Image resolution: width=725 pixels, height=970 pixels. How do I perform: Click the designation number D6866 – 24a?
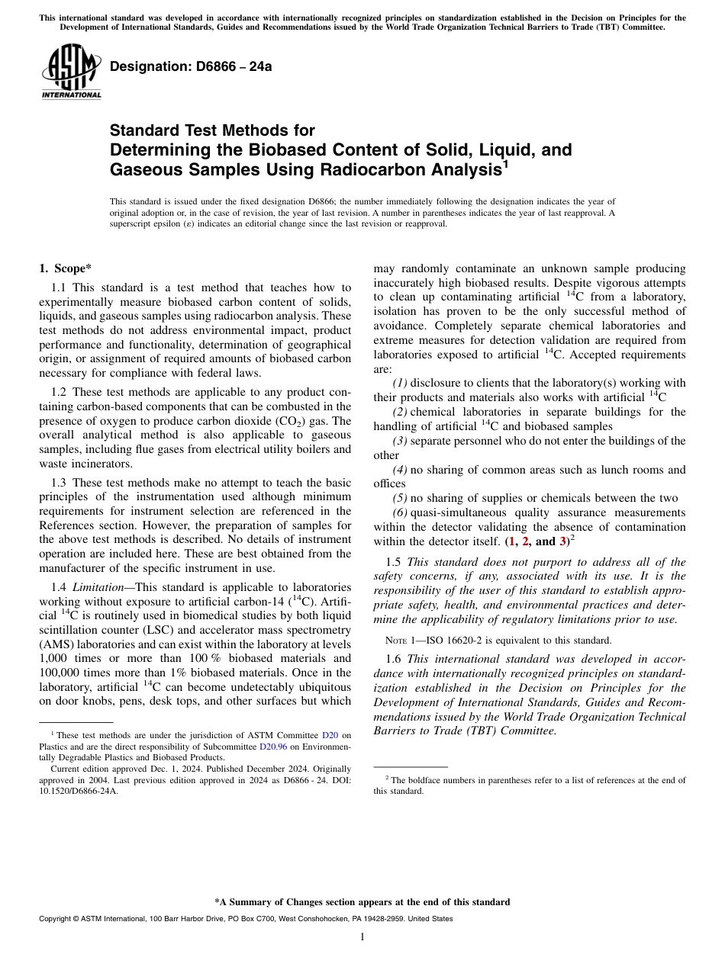pyautogui.click(x=191, y=66)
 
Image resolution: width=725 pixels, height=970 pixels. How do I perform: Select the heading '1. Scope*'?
pyautogui.click(x=65, y=268)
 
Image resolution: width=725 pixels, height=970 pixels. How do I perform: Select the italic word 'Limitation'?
pyautogui.click(x=101, y=587)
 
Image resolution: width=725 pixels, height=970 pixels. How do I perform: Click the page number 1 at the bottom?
pyautogui.click(x=362, y=937)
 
